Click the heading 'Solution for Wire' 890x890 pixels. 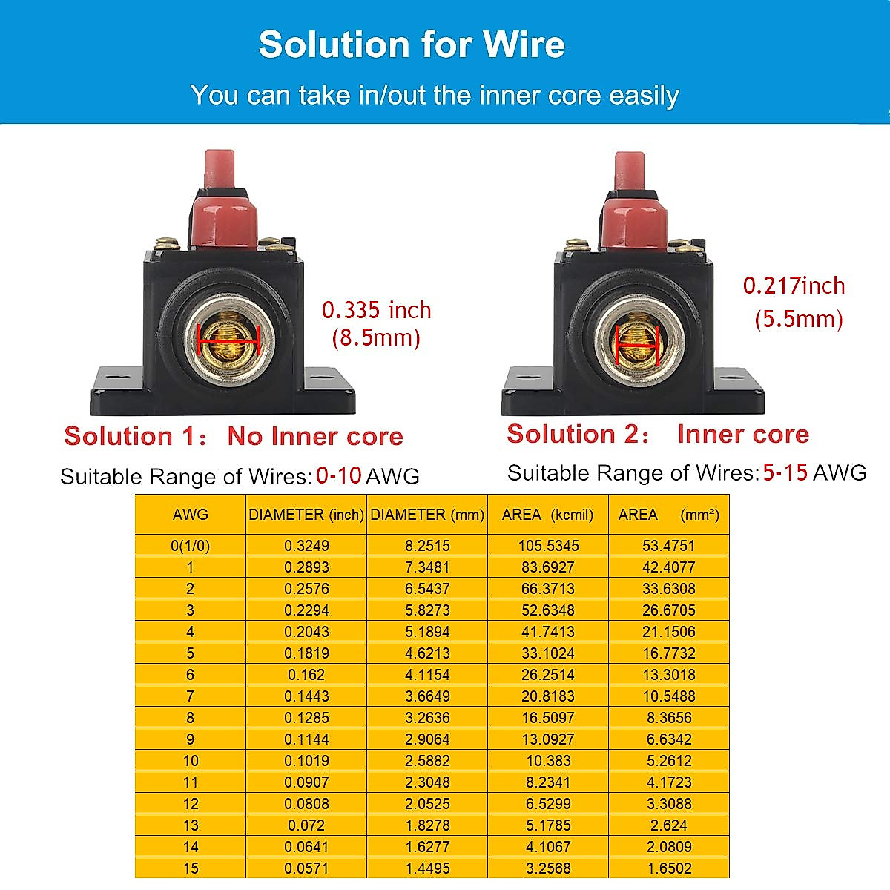coord(412,44)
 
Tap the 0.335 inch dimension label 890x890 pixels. coord(376,310)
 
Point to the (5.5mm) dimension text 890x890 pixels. coord(799,320)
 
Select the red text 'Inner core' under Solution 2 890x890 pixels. coord(742,434)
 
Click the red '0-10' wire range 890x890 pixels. coord(339,475)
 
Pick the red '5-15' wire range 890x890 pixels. coord(785,472)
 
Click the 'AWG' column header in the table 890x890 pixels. coord(190,515)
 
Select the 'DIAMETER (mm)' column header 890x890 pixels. coord(427,515)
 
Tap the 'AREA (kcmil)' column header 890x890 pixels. coord(547,515)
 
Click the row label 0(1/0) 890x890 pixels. coord(190,546)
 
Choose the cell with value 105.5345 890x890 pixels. coord(548,546)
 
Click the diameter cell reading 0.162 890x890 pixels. coord(306,675)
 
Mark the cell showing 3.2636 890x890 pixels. coord(427,718)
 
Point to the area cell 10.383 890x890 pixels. coord(548,761)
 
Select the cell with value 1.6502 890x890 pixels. coord(669,868)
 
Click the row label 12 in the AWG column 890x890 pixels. coord(190,804)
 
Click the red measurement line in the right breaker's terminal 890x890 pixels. coord(638,345)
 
